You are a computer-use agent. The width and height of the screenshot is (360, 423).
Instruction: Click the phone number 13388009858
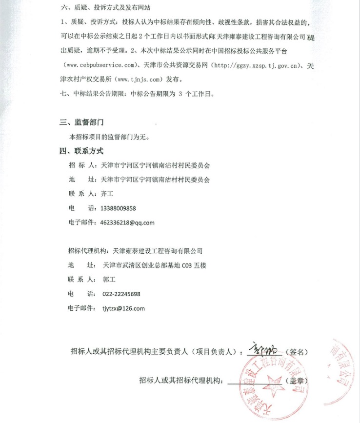(118, 208)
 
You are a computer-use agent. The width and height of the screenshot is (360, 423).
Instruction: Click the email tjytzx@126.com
(123, 308)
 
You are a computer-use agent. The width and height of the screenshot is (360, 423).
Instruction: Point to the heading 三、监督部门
(81, 122)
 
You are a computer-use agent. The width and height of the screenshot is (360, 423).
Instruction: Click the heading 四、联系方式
(81, 151)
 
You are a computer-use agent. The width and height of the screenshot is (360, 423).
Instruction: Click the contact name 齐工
(106, 194)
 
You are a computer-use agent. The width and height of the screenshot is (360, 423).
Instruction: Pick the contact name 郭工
(109, 280)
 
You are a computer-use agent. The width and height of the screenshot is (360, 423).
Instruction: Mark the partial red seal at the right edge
(343, 371)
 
